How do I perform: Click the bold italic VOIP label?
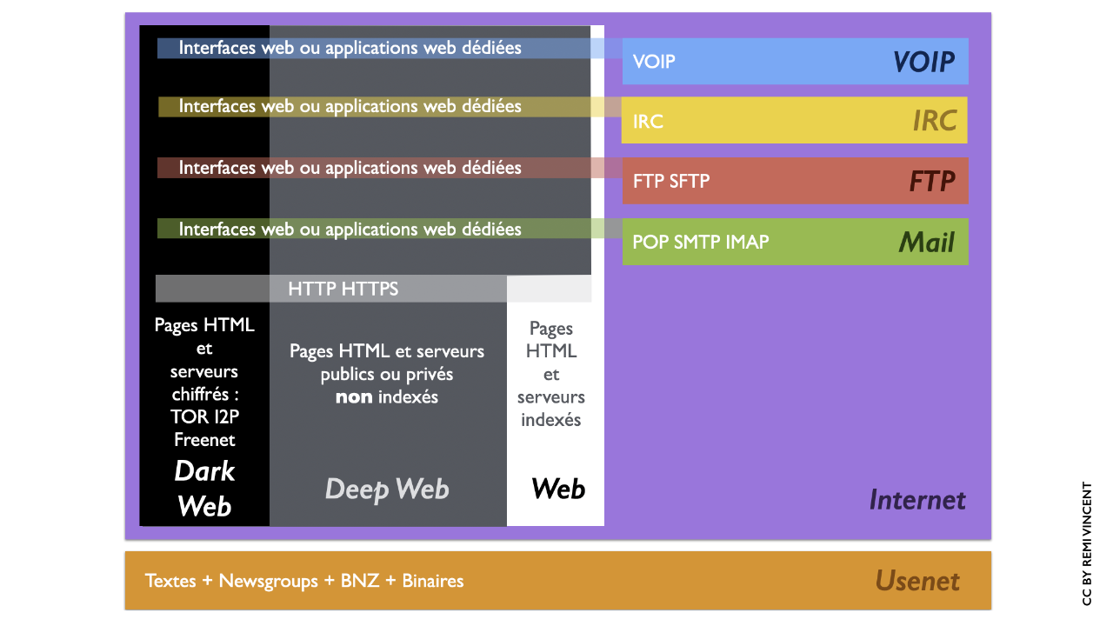(x=923, y=62)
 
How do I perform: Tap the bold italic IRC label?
(x=935, y=121)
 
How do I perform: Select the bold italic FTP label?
(x=932, y=181)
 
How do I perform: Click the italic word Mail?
(x=927, y=242)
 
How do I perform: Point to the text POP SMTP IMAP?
(x=700, y=242)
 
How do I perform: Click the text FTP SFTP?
(x=671, y=181)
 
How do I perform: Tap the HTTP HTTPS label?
(x=343, y=289)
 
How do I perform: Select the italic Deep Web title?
(x=387, y=489)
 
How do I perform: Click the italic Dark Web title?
(x=204, y=489)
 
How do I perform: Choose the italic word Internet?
(x=917, y=500)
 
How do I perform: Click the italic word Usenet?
(x=917, y=581)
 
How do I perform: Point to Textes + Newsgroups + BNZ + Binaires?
(x=304, y=581)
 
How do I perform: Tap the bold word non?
(x=354, y=397)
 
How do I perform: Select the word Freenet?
(x=204, y=440)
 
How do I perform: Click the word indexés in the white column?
(x=551, y=420)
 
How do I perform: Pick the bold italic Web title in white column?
(x=558, y=489)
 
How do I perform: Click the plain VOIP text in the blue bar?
(x=654, y=62)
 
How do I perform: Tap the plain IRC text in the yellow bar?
(x=648, y=121)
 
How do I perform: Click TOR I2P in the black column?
(x=204, y=417)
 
